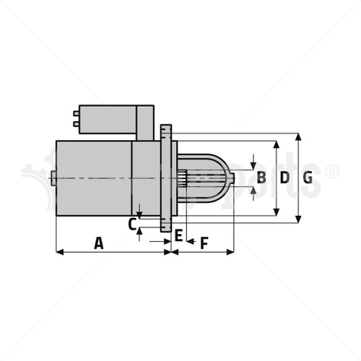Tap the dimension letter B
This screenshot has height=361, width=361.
[261, 177]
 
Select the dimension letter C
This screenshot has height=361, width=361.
[132, 224]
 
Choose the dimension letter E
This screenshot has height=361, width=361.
[178, 235]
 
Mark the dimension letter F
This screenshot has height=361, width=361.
[204, 243]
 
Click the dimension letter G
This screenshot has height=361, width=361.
[308, 177]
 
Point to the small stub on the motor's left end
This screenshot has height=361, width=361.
[53, 178]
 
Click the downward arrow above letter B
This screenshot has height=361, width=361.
[253, 162]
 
